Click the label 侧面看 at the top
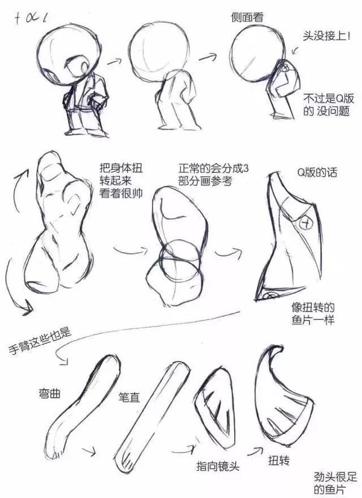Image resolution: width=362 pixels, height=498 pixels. [247, 17]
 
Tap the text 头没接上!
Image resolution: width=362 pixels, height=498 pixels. [327, 36]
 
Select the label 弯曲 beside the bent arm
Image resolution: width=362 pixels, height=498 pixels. [49, 394]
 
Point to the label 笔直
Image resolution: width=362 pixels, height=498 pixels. [129, 397]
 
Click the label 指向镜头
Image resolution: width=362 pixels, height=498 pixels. [218, 466]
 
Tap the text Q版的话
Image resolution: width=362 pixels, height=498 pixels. [317, 173]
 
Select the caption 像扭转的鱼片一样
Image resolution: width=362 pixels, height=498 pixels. [313, 313]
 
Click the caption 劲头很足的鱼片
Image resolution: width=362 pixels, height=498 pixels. [335, 483]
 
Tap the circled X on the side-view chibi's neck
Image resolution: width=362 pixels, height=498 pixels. [285, 67]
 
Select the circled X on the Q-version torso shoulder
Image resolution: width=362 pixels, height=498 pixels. [306, 223]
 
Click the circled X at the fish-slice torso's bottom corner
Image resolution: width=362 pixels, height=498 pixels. [271, 295]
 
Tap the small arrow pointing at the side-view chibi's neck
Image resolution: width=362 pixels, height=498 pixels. [295, 51]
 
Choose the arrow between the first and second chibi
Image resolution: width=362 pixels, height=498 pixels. [114, 61]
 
